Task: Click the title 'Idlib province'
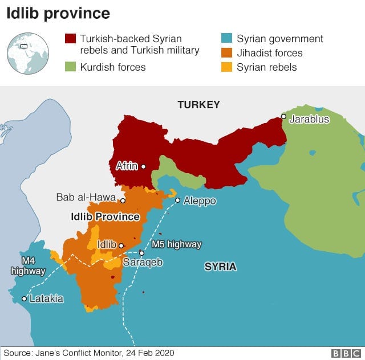coord(58,13)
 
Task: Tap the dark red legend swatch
coord(70,39)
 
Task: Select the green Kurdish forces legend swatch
coord(70,67)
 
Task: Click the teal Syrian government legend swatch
coord(226,39)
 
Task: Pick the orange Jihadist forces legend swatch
coord(226,54)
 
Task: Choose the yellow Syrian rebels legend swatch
coord(226,67)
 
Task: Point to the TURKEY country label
coord(198,105)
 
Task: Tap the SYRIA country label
coord(220,267)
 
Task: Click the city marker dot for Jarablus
coord(283,116)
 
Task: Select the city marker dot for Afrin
coord(143,167)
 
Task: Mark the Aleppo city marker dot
coord(177,200)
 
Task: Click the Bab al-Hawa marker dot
coord(123,201)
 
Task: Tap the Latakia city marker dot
coord(24,298)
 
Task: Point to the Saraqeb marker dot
coord(141,253)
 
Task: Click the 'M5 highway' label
coord(177,244)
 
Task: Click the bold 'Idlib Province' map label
coord(105,217)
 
